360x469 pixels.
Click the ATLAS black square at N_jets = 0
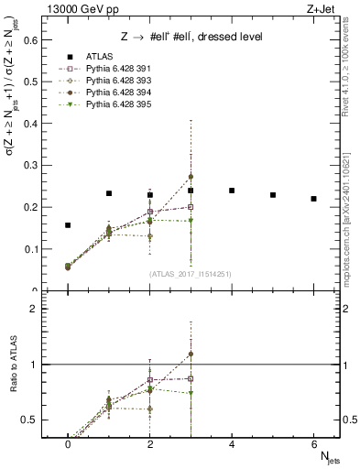pyautogui.click(x=68, y=224)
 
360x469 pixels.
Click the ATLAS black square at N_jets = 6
pyautogui.click(x=313, y=199)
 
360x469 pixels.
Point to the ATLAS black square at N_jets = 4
pyautogui.click(x=232, y=191)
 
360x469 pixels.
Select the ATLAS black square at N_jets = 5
pyautogui.click(x=273, y=195)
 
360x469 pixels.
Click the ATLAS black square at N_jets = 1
pyautogui.click(x=109, y=193)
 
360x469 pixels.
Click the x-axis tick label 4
pyautogui.click(x=232, y=444)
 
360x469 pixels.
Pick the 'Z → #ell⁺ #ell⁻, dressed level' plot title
pyautogui.click(x=192, y=37)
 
